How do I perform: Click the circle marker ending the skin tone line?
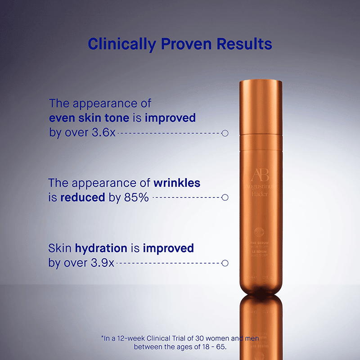(x=225, y=133)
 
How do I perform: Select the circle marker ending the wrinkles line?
(x=225, y=197)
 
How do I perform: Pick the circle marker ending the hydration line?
(x=225, y=263)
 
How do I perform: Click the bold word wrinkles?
(x=177, y=183)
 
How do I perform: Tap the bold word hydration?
(x=101, y=248)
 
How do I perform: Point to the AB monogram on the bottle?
(x=260, y=176)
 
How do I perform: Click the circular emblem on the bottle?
(x=260, y=233)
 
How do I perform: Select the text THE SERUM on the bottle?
(x=259, y=243)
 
